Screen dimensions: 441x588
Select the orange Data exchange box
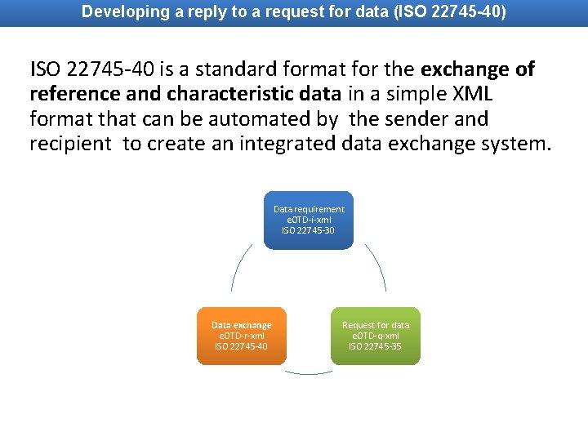coord(241,336)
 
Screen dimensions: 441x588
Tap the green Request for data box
coord(376,336)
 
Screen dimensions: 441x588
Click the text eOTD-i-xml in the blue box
coord(309,220)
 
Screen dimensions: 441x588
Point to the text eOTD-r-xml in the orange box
coord(241,336)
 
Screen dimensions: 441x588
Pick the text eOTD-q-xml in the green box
coord(376,336)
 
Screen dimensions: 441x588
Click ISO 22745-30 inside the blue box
coord(309,230)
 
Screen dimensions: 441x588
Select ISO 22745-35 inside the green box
coord(376,346)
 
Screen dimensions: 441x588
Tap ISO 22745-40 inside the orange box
coord(241,346)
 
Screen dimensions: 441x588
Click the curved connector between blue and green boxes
coord(377,265)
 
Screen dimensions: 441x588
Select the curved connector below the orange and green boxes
coord(309,372)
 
